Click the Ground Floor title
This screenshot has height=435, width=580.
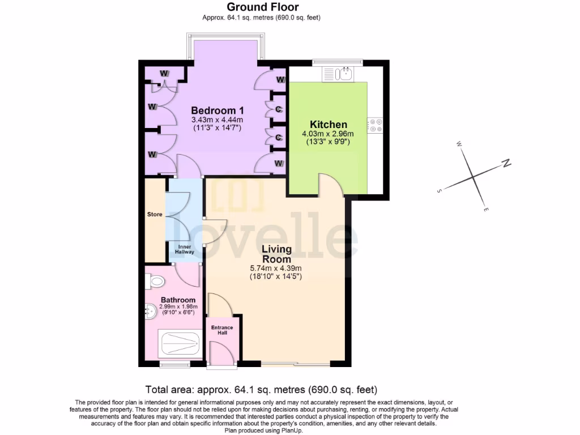coord(262,7)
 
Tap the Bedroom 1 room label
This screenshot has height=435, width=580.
coord(217,110)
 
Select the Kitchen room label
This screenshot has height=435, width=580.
coord(328,125)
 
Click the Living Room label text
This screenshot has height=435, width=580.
coord(276,254)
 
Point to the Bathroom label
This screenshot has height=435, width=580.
coord(178,300)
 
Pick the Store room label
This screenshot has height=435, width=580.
coord(155,215)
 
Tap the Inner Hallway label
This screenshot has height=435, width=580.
coord(186,249)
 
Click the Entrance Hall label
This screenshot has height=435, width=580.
coord(222,331)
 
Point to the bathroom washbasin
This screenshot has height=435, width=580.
coord(151,310)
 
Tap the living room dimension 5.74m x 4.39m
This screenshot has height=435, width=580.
coord(276,268)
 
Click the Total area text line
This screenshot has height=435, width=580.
coord(261,390)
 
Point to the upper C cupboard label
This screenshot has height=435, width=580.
coord(279,109)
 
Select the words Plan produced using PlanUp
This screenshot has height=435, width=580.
coord(263,430)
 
